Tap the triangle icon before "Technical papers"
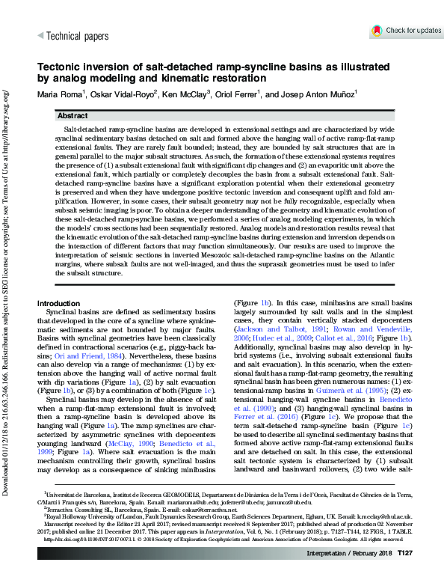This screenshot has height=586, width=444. click(x=40, y=35)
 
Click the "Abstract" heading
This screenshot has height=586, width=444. click(x=73, y=117)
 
